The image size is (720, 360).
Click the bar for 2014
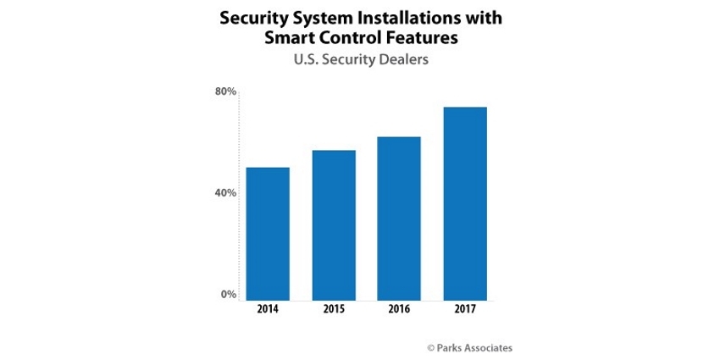click(x=268, y=234)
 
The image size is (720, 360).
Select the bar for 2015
click(x=334, y=225)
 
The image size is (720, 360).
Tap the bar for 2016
click(x=398, y=219)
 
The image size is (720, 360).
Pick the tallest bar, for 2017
click(x=464, y=203)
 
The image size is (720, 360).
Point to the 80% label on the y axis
click(x=224, y=91)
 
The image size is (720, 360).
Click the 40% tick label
click(x=224, y=193)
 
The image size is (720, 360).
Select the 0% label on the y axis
click(x=228, y=295)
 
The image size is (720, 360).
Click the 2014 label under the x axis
click(x=268, y=311)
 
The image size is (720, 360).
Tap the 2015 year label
click(x=334, y=311)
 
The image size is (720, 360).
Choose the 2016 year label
click(x=398, y=311)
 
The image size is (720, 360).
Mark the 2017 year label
click(x=464, y=311)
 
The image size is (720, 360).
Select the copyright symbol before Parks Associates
click(x=430, y=347)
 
